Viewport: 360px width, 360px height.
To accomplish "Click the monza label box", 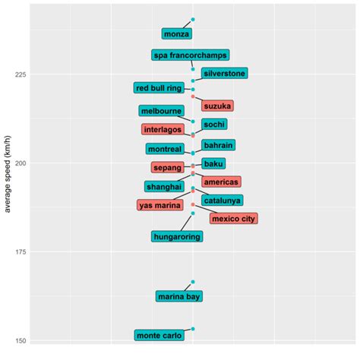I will point(176,34).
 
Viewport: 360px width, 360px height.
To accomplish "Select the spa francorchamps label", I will point(190,55).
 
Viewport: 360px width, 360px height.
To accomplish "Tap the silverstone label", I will point(224,74).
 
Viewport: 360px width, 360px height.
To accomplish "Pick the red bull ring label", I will point(159,88).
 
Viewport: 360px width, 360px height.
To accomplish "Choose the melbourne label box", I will point(161,111).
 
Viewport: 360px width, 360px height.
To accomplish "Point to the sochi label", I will point(215,124).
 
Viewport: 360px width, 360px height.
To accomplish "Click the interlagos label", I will point(162,130).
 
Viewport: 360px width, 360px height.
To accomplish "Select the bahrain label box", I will point(218,145).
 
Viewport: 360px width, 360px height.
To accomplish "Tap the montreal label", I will point(165,150).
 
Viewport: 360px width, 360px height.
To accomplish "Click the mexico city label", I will point(233,219).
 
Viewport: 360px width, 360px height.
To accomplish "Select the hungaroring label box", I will point(177,237).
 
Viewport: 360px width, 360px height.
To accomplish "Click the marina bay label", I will point(179,296).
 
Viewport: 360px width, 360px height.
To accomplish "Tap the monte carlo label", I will point(159,335).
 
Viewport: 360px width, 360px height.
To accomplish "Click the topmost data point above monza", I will point(193,20).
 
